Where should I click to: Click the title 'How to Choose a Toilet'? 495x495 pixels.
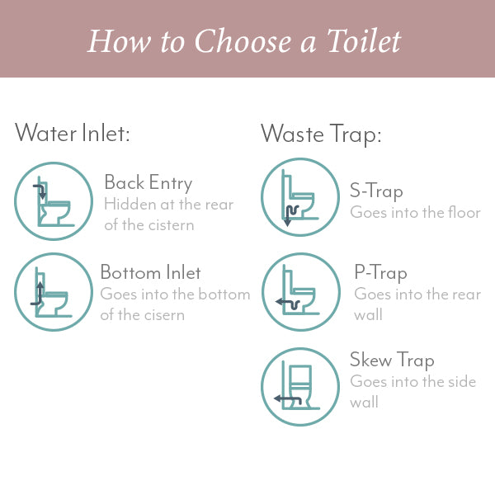247,40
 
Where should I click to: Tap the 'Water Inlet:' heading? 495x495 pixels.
73,133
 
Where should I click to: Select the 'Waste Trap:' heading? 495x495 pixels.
321,133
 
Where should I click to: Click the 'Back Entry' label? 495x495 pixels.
148,182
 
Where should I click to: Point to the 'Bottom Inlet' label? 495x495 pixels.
150,272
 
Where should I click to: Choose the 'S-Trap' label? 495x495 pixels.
376,191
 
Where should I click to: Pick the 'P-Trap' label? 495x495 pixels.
380,273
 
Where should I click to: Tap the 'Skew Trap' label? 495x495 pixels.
392,360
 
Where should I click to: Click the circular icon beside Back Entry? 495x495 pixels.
54,201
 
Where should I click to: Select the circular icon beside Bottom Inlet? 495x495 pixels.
54,291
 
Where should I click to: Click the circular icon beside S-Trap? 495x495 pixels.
299,197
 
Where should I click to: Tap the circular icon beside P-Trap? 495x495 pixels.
299,291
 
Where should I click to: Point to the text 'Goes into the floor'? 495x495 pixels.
415,213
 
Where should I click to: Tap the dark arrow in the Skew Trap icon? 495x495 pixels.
287,399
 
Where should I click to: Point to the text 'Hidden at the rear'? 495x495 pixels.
168,205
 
